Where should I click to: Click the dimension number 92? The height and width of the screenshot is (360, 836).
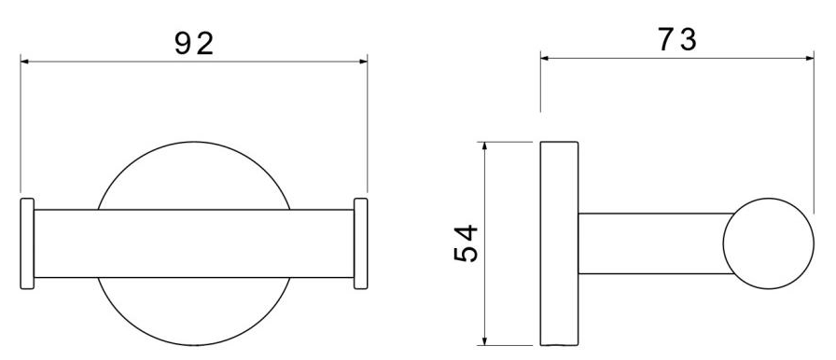click(194, 44)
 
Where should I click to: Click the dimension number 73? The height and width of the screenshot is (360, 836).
click(677, 39)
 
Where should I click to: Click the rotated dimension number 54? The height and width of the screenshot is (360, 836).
click(466, 243)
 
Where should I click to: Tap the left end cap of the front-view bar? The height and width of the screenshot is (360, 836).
click(27, 243)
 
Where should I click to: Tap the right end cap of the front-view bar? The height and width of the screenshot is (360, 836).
click(361, 243)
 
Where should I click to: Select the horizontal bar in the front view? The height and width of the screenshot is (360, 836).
click(194, 243)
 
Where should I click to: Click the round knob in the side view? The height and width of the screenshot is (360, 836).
click(768, 243)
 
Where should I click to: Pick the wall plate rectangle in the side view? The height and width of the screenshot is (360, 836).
click(559, 243)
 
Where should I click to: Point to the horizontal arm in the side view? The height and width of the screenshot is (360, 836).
click(655, 243)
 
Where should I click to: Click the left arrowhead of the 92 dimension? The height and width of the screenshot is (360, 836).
click(24, 62)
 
